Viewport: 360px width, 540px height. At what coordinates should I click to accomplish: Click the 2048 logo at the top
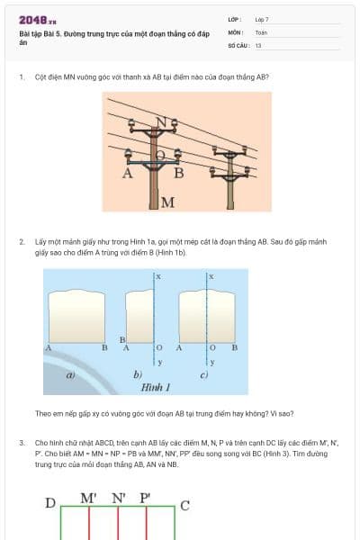[x=37, y=19]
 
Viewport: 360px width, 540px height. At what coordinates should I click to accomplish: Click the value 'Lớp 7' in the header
[x=261, y=19]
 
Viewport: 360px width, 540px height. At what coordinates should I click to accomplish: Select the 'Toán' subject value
[x=261, y=31]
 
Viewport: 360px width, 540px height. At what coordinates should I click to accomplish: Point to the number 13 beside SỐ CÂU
[x=258, y=44]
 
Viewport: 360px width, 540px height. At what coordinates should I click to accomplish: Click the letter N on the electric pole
[x=160, y=121]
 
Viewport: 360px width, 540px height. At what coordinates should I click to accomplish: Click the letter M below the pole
[x=167, y=201]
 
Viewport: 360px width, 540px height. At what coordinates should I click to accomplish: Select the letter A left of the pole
[x=128, y=172]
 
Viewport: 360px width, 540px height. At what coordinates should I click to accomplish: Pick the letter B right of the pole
[x=178, y=172]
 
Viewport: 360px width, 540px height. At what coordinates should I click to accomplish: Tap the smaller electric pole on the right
[x=236, y=171]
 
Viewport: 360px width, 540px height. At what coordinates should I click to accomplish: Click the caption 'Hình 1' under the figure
[x=156, y=386]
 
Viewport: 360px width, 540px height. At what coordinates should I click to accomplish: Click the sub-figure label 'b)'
[x=138, y=373]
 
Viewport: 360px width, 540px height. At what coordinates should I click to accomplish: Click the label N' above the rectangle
[x=119, y=498]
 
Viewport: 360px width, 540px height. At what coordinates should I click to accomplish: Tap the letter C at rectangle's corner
[x=185, y=505]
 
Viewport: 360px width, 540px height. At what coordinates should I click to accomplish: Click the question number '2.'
[x=22, y=242]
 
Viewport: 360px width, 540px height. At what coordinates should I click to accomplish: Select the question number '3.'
[x=22, y=443]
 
